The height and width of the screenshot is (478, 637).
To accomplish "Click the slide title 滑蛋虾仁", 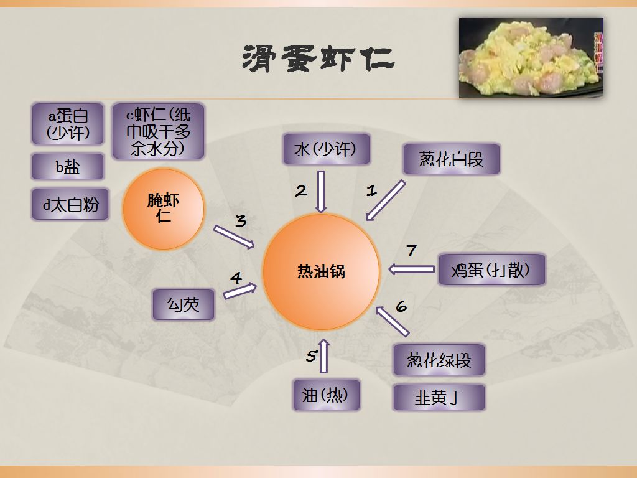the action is click(x=318, y=60).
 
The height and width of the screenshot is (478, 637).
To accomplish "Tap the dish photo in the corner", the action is click(x=531, y=58).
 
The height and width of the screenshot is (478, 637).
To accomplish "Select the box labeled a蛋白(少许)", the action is click(x=68, y=124).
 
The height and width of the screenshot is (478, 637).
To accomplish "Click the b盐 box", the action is click(x=68, y=166).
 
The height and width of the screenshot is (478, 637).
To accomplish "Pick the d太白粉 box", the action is click(x=70, y=204).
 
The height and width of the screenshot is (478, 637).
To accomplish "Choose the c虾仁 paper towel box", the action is click(x=158, y=131).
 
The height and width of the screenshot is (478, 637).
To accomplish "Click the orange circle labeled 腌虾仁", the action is click(x=164, y=209).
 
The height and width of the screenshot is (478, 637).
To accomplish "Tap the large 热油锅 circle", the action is click(x=321, y=271).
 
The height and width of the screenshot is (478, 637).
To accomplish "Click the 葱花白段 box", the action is click(x=451, y=160).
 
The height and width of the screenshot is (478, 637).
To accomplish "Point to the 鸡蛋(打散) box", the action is click(x=491, y=269).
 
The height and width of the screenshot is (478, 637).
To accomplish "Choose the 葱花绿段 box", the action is click(x=439, y=360).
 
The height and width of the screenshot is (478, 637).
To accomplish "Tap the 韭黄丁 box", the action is click(x=439, y=396).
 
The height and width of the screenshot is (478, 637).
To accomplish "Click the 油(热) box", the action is click(x=326, y=395).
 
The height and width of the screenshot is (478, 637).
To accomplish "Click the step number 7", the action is click(x=411, y=251).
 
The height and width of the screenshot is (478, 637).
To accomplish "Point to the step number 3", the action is click(x=240, y=221).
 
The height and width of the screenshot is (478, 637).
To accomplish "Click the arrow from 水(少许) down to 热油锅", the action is click(x=321, y=191).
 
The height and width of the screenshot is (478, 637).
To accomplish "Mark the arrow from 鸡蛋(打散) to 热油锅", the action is click(x=411, y=269).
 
